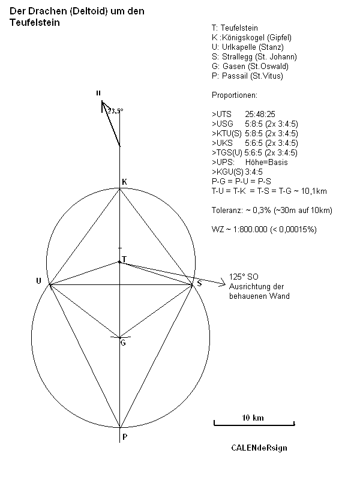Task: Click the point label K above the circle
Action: coord(124,182)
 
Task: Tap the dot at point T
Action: coord(119,262)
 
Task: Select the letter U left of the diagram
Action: coord(38,281)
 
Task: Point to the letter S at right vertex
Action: coord(199,283)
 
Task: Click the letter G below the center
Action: coord(123,343)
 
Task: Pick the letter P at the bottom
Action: coord(125,437)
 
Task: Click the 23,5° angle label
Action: coord(115,111)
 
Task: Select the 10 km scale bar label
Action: coord(253,418)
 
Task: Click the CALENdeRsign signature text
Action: coord(259,448)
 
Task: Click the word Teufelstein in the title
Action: coord(35,22)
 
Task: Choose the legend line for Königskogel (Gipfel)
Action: coord(251,38)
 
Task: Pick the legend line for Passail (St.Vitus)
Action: coord(247,76)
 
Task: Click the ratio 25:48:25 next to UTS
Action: coord(260,114)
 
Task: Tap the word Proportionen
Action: coord(235,95)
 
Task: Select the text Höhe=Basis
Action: coord(266,162)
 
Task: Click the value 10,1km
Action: coord(314,191)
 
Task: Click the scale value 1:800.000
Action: coord(250,229)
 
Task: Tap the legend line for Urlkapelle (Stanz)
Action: coord(248,47)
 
